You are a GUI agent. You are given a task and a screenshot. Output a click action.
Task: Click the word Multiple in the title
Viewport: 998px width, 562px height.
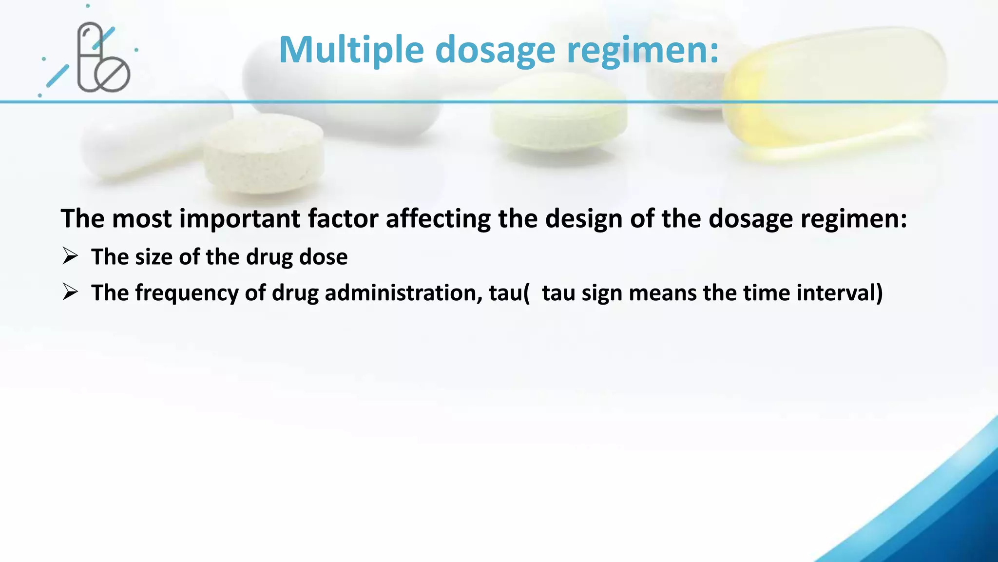[351, 50]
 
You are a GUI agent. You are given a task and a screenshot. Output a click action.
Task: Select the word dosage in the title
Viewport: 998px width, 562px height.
[495, 50]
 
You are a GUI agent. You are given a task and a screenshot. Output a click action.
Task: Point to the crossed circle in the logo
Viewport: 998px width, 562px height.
[113, 75]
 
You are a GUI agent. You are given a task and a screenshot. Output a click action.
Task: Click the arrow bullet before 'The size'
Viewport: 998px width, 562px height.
[70, 256]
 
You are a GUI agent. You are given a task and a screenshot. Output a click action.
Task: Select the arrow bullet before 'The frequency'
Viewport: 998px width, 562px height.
[70, 292]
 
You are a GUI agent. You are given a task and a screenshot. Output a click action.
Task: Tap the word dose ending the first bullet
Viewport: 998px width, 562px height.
[323, 257]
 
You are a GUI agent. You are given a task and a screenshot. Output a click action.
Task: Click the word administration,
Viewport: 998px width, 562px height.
[403, 293]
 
